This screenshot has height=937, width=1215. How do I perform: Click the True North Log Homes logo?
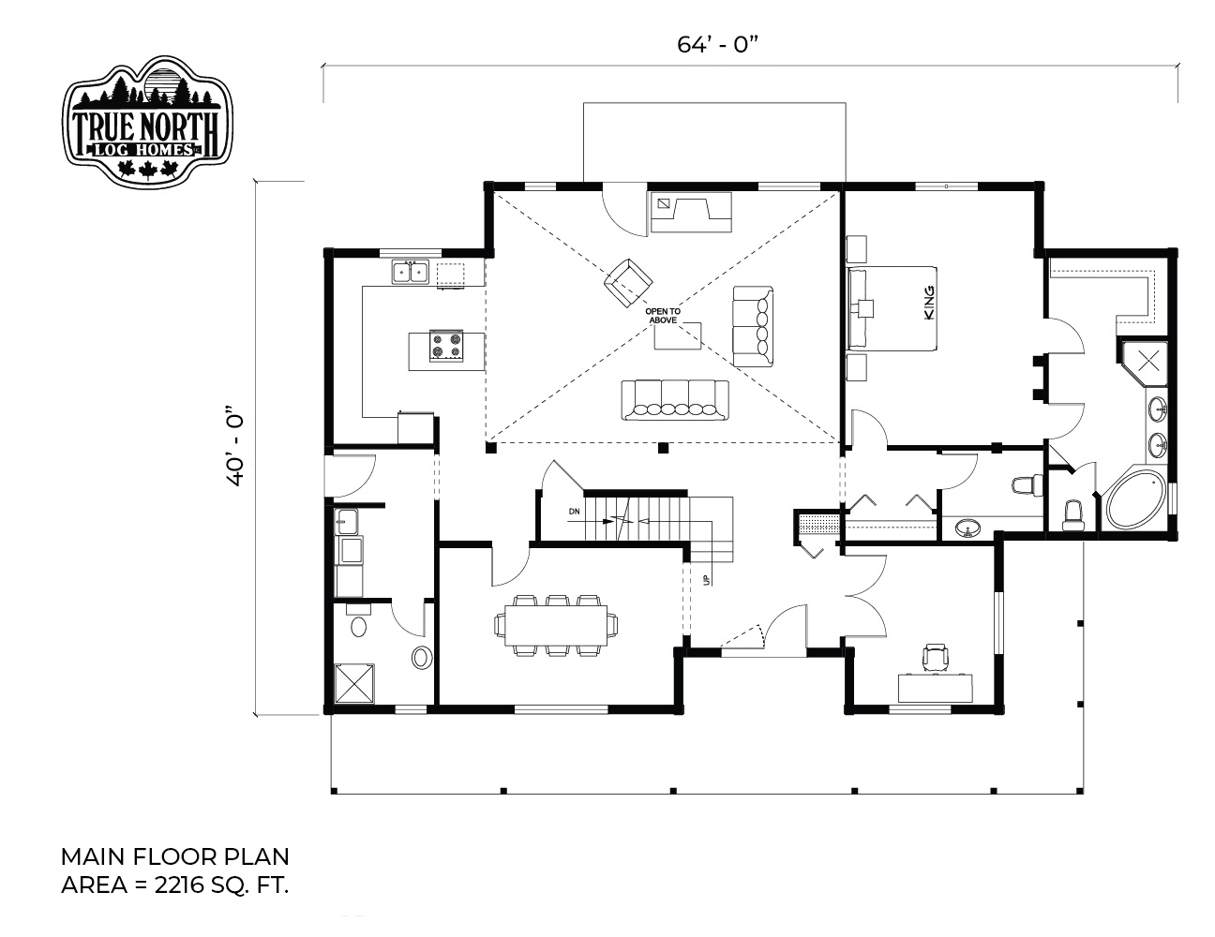pos(147,121)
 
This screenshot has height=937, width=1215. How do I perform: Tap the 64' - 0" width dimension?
pos(717,45)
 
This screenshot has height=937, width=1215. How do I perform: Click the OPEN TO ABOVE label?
pos(663,316)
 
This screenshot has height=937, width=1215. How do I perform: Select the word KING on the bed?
pos(929,303)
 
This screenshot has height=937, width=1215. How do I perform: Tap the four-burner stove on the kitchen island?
pos(445,346)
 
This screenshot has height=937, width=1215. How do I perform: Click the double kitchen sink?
pos(411,272)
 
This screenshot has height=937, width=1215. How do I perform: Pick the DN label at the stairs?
pos(575,512)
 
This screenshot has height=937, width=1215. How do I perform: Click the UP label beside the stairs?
pos(707,580)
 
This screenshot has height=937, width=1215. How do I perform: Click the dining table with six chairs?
pos(556,625)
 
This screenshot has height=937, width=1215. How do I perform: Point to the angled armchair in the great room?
pos(628,282)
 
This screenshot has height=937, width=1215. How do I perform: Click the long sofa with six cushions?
pos(675,400)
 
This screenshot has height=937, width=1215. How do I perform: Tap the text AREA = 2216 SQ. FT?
pos(175,885)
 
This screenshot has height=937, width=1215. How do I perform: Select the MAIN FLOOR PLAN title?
pos(175,856)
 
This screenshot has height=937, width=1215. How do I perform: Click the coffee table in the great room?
pos(678,336)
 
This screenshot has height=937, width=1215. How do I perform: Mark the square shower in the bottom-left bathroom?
pos(354,683)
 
